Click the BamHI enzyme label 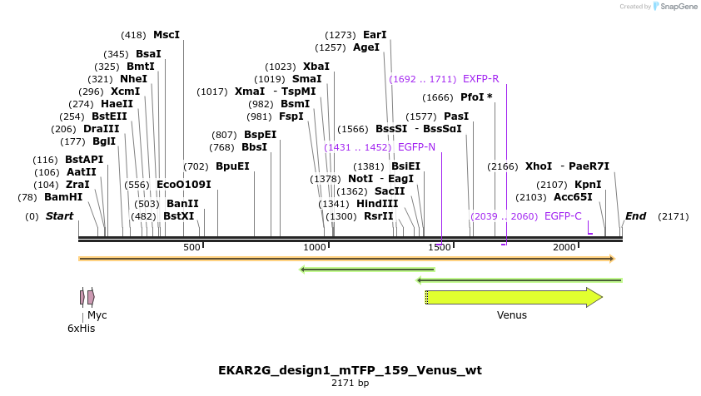(63, 197)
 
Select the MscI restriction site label (167, 35)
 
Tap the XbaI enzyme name (316, 67)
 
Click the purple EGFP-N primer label (416, 147)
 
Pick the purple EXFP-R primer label (480, 79)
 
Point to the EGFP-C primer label (563, 216)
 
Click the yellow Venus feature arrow (513, 297)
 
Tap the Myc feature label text (97, 315)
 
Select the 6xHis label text (82, 329)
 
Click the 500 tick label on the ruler (192, 248)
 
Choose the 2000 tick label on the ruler (565, 248)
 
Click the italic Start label (59, 216)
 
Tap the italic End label (635, 216)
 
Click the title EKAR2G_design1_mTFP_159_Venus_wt (350, 369)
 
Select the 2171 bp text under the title (350, 384)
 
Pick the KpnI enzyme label (588, 185)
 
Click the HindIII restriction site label (378, 204)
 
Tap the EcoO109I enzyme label (184, 185)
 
